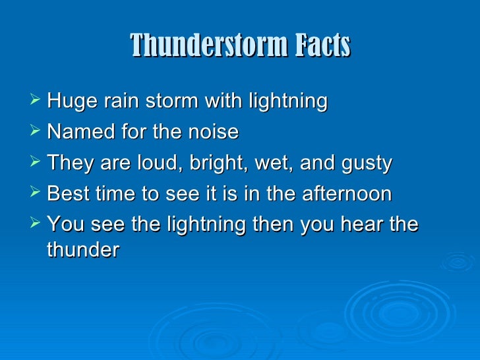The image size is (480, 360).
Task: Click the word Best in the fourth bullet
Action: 67,194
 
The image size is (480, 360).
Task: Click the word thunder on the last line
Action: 83,251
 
